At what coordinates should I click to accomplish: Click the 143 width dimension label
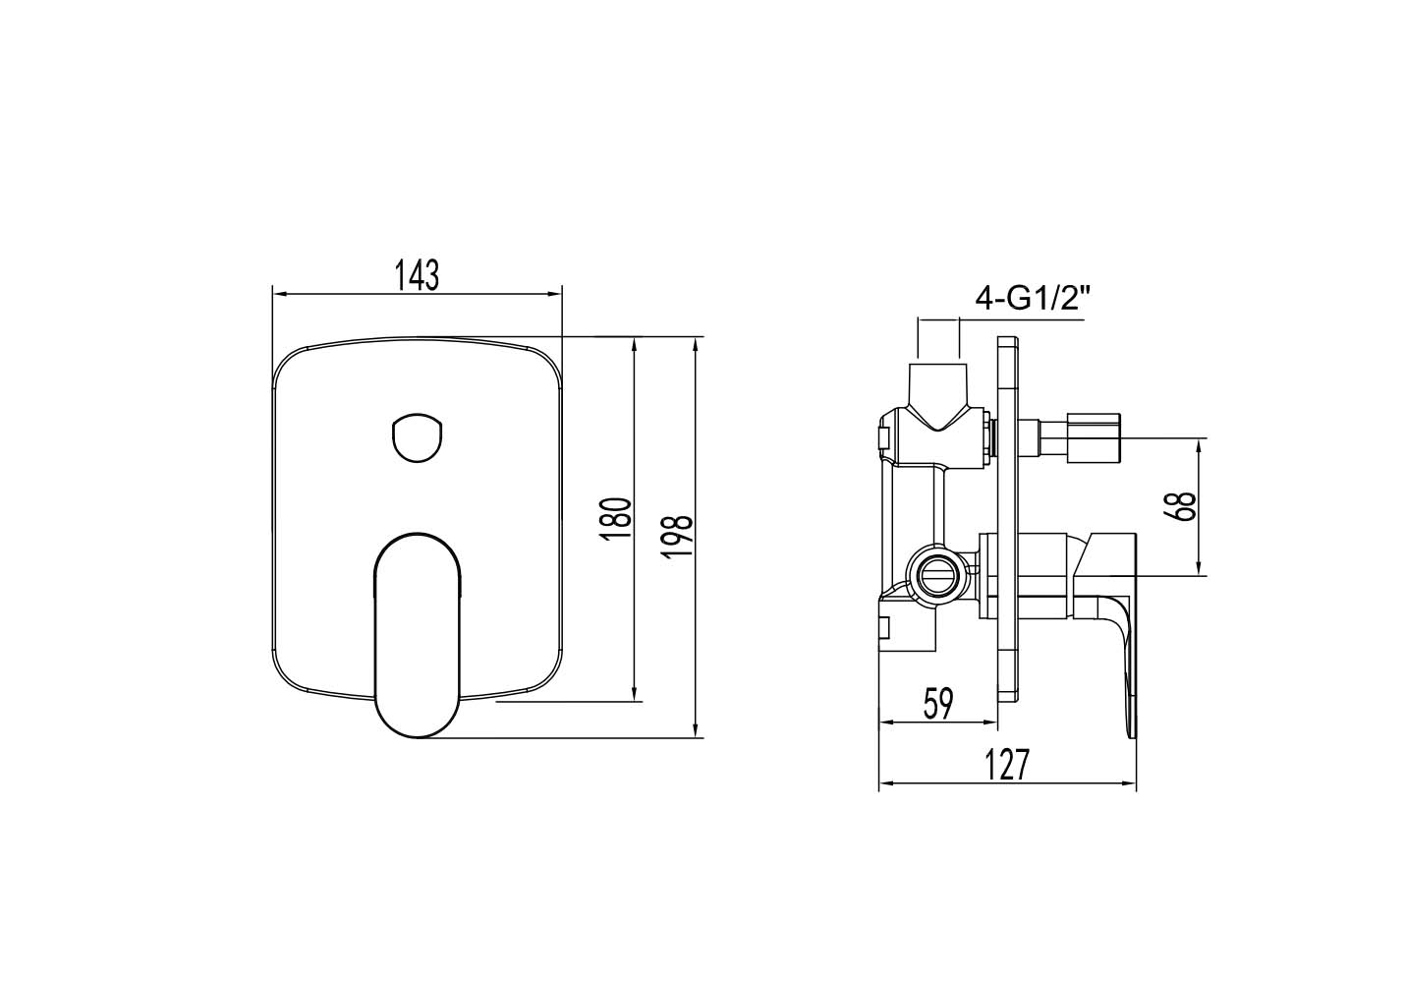(418, 275)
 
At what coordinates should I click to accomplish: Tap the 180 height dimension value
(615, 518)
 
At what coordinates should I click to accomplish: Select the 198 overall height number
(676, 536)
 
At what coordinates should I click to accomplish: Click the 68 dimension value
(1181, 506)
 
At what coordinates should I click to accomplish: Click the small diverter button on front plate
(418, 438)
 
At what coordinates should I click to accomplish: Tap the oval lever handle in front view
(418, 635)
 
